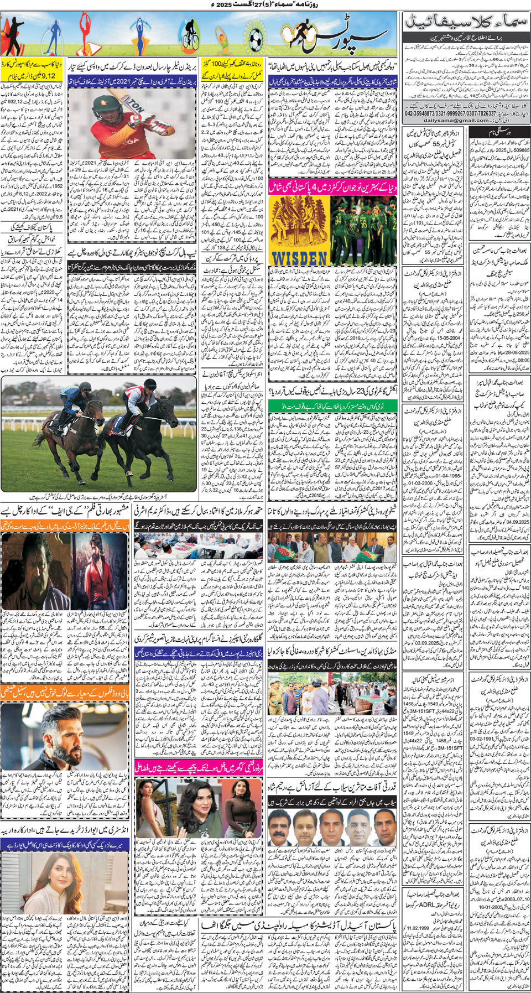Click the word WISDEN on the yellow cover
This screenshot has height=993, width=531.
point(299,257)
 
